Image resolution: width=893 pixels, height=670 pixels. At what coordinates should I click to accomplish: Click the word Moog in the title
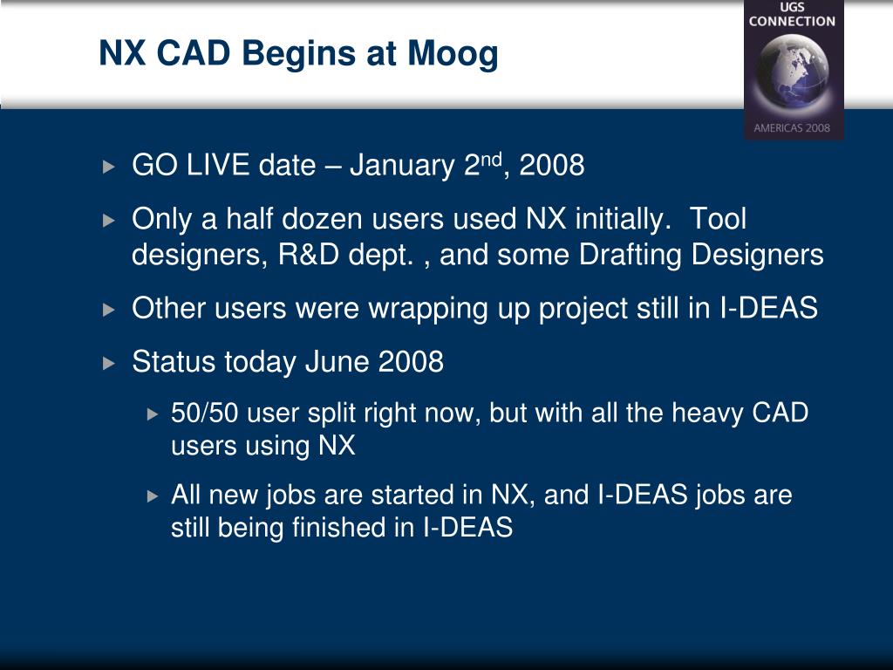pos(453,55)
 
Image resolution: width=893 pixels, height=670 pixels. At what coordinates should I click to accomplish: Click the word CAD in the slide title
pos(194,53)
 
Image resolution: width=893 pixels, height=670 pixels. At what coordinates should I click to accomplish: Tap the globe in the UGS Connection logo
pos(792,72)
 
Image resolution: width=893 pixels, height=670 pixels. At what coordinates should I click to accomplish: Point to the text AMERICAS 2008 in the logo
pos(792,127)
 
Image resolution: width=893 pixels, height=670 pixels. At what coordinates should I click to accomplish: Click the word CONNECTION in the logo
pos(792,21)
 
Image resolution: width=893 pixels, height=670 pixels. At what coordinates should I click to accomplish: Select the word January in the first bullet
pos(402,165)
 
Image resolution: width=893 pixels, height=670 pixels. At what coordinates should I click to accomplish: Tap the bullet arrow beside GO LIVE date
pos(109,167)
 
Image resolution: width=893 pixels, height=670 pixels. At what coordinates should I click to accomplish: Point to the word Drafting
pos(631,256)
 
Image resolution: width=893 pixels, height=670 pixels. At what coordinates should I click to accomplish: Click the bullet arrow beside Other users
pos(109,310)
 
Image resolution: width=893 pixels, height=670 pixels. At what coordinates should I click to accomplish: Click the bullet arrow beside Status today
pos(109,363)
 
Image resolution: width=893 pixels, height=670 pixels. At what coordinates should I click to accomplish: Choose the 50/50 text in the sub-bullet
pos(204,413)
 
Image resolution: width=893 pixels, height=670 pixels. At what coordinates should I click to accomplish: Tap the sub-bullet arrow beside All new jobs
pos(152,496)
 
